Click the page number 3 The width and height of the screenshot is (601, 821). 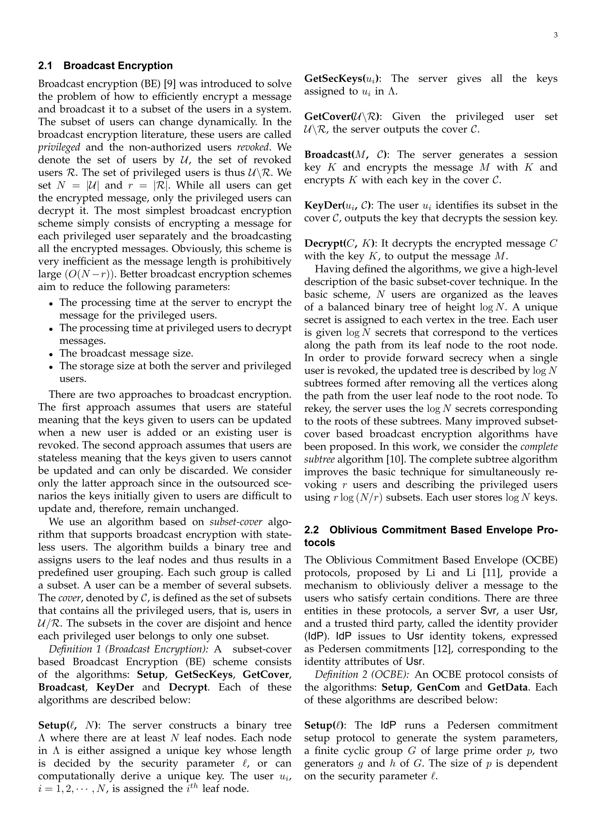click(x=556, y=35)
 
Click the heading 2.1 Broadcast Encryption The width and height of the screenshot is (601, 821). click(x=106, y=66)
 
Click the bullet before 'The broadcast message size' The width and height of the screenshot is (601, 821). click(x=52, y=354)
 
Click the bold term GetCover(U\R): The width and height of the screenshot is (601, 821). click(x=342, y=117)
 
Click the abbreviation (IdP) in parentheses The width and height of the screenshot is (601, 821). click(x=317, y=637)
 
